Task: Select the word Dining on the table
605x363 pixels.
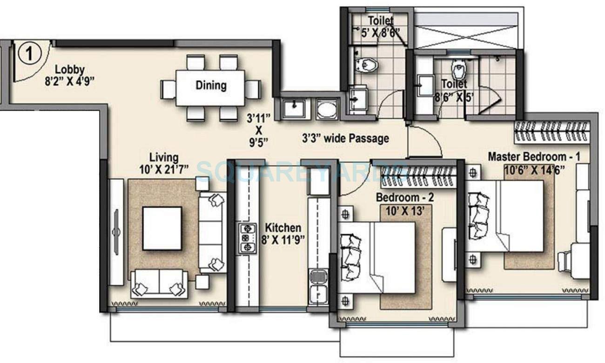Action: tap(211, 85)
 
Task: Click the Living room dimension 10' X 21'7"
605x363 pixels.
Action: tap(164, 170)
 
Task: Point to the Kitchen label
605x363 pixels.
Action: tap(283, 228)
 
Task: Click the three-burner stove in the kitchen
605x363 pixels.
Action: tap(248, 238)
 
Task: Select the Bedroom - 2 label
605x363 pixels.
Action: tap(405, 197)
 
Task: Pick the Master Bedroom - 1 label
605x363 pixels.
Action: tap(534, 157)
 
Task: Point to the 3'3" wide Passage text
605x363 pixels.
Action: tap(346, 139)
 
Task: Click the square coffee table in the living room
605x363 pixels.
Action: tap(162, 228)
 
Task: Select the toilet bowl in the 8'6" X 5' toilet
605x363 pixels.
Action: tap(459, 70)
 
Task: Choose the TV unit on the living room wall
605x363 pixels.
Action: tap(116, 231)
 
